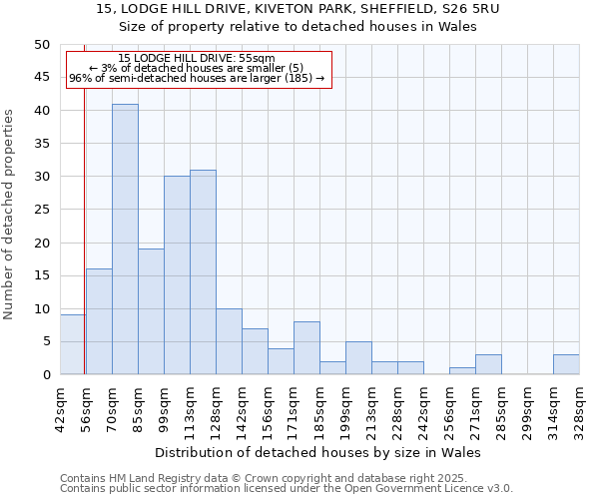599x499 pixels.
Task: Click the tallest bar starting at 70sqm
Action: pos(125,240)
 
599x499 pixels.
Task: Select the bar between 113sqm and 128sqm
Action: pos(203,272)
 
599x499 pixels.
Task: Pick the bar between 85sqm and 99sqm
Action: pos(151,311)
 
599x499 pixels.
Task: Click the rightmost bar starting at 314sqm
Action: pos(566,364)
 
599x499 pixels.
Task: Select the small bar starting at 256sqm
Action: pos(462,371)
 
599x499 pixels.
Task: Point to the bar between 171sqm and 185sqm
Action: pos(306,348)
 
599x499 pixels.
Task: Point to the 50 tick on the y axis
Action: pos(41,45)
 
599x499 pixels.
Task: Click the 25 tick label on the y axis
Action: pos(41,210)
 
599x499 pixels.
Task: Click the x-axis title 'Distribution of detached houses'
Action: pos(318,452)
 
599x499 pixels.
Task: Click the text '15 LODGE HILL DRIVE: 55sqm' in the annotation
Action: pos(197,59)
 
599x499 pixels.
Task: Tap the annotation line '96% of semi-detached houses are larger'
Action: pos(197,78)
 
